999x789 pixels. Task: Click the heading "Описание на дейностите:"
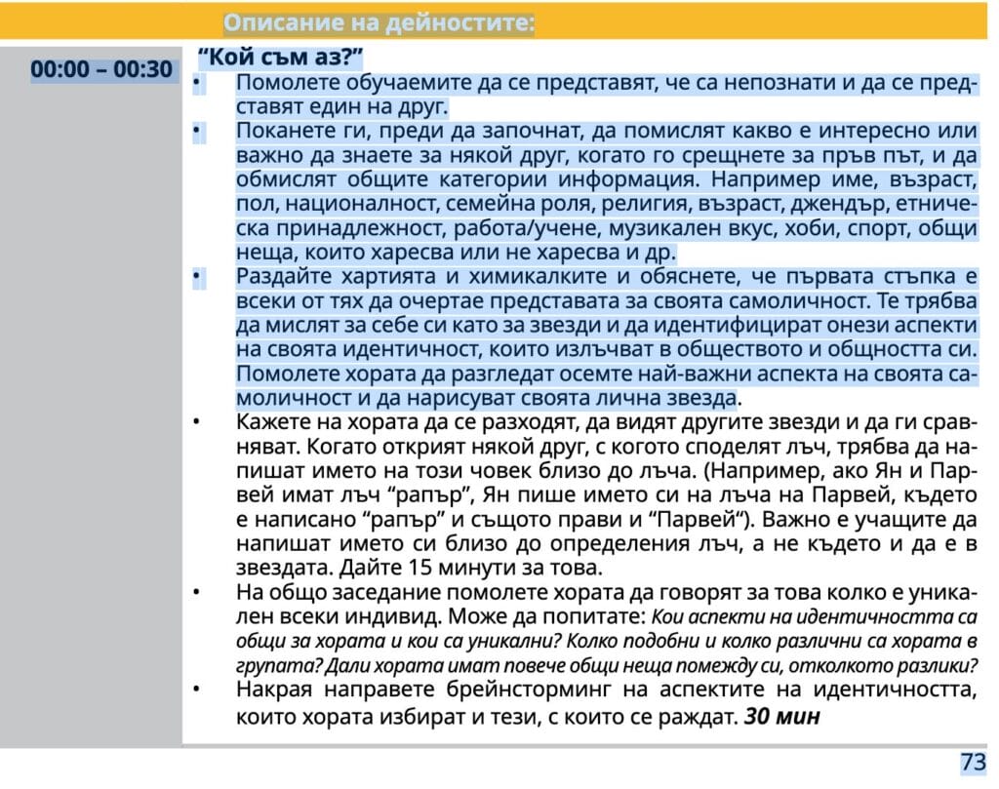pos(379,22)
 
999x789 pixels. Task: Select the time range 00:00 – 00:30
pos(101,70)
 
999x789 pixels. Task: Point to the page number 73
pos(973,763)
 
